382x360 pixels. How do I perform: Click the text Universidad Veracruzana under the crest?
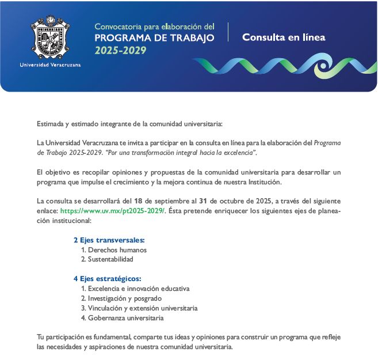coord(50,65)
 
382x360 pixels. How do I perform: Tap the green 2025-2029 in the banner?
coord(121,50)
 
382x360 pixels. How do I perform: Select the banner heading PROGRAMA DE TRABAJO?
coord(154,38)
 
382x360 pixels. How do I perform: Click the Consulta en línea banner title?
coord(284,37)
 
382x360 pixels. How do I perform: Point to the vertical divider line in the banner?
coord(228,32)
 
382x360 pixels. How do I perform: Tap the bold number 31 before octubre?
coord(203,201)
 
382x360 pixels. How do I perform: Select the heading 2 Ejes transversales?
coord(109,240)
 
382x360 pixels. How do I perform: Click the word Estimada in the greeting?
coord(50,124)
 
